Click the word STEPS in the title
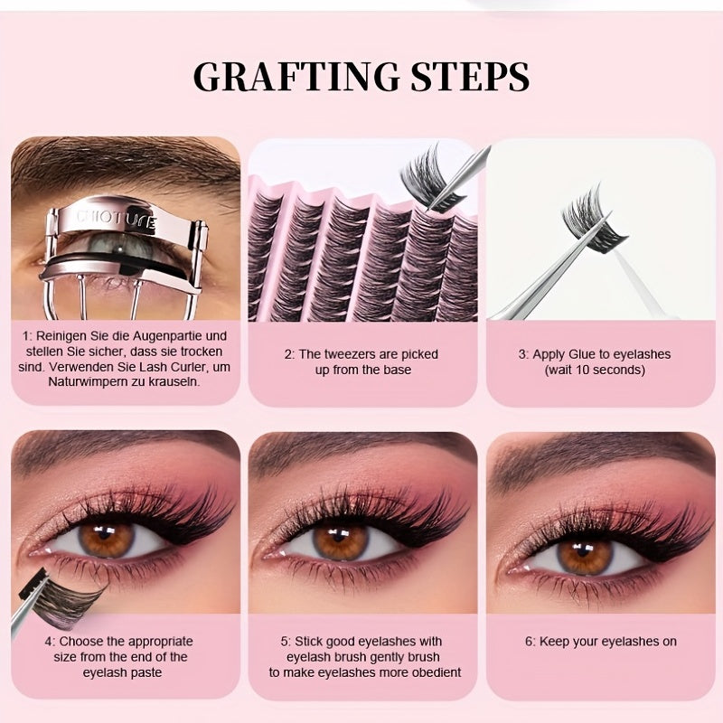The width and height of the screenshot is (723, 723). click(x=468, y=77)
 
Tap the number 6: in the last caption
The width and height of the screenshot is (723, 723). click(x=531, y=642)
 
